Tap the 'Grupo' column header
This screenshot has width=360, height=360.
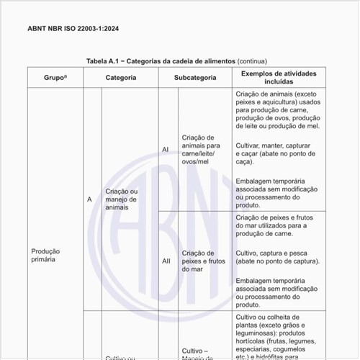pos(53,77)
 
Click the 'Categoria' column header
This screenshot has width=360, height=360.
pos(120,77)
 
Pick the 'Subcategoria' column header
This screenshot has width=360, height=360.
pos(194,77)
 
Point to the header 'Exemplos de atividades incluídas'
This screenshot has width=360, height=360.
pos(277,77)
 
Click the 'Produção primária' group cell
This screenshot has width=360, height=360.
pos(45,256)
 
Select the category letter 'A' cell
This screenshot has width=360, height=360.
pos(90,199)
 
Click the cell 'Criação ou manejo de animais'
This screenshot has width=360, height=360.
pos(121,199)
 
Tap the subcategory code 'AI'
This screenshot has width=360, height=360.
pos(166,149)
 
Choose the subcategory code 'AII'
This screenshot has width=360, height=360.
pos(166,261)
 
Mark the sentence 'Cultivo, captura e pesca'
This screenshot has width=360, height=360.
pos(277,258)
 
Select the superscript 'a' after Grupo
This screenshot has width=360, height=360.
pos(66,75)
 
